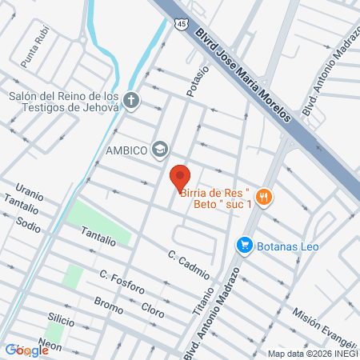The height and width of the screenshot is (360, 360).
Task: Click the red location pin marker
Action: [180, 177]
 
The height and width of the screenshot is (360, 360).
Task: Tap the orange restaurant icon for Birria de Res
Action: [266, 197]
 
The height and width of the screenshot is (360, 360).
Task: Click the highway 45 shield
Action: [183, 26]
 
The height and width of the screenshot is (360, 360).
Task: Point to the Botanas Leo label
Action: [288, 246]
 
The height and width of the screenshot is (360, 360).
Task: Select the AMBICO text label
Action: [127, 150]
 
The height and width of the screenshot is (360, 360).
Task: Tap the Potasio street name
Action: [198, 82]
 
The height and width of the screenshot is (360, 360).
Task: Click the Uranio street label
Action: [29, 194]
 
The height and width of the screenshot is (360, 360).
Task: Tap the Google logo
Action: [26, 350]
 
